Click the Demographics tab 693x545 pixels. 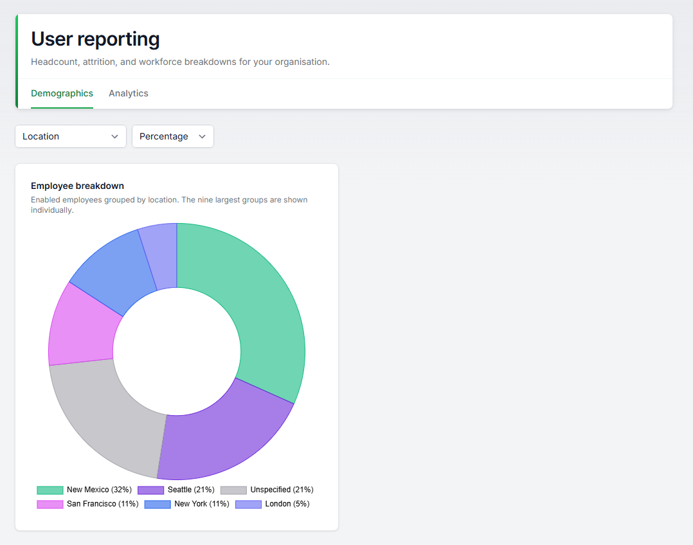[x=62, y=93]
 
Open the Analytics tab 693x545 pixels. [x=129, y=93]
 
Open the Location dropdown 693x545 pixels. [x=71, y=136]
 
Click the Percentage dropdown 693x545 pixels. [x=173, y=136]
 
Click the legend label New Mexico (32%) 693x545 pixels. [x=100, y=490]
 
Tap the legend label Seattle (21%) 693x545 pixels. [x=191, y=490]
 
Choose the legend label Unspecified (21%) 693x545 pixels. [x=282, y=490]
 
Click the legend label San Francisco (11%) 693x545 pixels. [x=103, y=504]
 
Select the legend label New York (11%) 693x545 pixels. [x=202, y=504]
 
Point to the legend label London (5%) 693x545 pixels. [x=287, y=504]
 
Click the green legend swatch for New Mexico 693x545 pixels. [x=50, y=490]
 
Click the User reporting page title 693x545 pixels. [x=95, y=39]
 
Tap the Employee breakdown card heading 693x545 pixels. [x=77, y=186]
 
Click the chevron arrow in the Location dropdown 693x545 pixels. [x=115, y=137]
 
